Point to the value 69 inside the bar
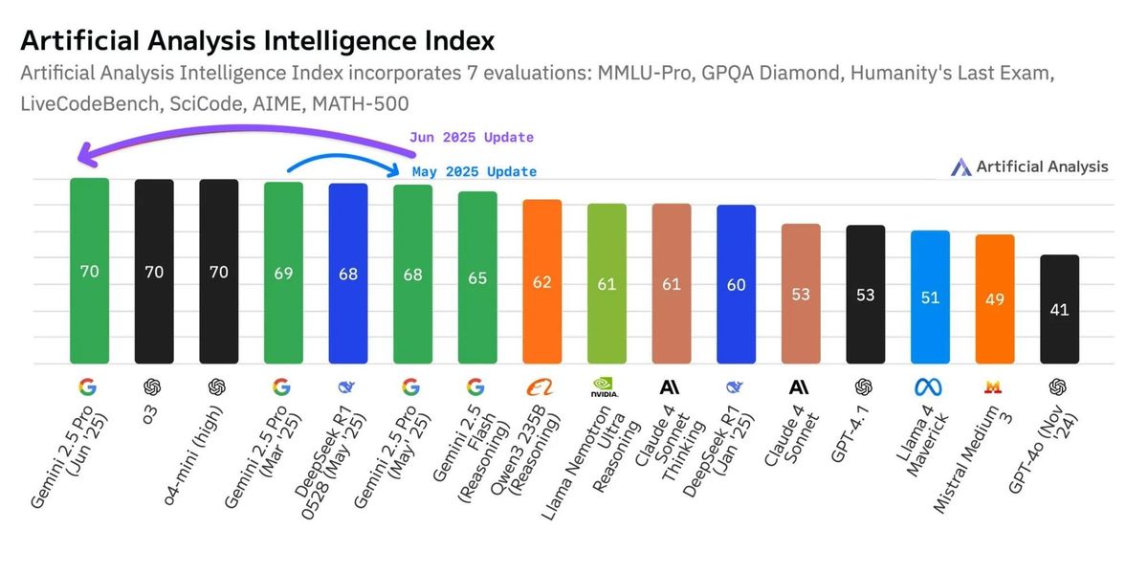point(283,273)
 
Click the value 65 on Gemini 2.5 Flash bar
point(477,278)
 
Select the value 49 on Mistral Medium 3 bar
point(994,299)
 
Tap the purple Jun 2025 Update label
point(472,137)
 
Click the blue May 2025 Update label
point(475,172)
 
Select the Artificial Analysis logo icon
point(960,167)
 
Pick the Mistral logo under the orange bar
point(994,386)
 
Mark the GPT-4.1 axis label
point(851,435)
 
